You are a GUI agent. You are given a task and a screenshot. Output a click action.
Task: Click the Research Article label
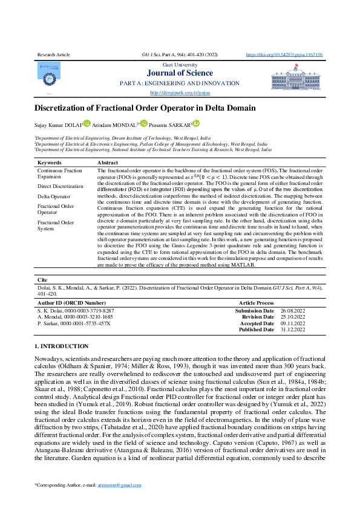(53, 54)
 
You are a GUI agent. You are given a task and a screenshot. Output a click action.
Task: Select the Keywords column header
(50, 163)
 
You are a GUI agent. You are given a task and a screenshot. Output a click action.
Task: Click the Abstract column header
(108, 163)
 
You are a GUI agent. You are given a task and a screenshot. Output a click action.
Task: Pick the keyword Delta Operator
(54, 196)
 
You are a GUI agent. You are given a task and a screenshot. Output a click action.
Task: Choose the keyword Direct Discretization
(61, 186)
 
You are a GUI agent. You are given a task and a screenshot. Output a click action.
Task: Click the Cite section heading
(42, 280)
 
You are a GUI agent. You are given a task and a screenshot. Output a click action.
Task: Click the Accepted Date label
(257, 323)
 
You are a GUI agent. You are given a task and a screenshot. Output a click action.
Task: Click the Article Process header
(256, 302)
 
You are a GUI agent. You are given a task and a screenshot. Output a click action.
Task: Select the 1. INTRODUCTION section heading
(62, 346)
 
